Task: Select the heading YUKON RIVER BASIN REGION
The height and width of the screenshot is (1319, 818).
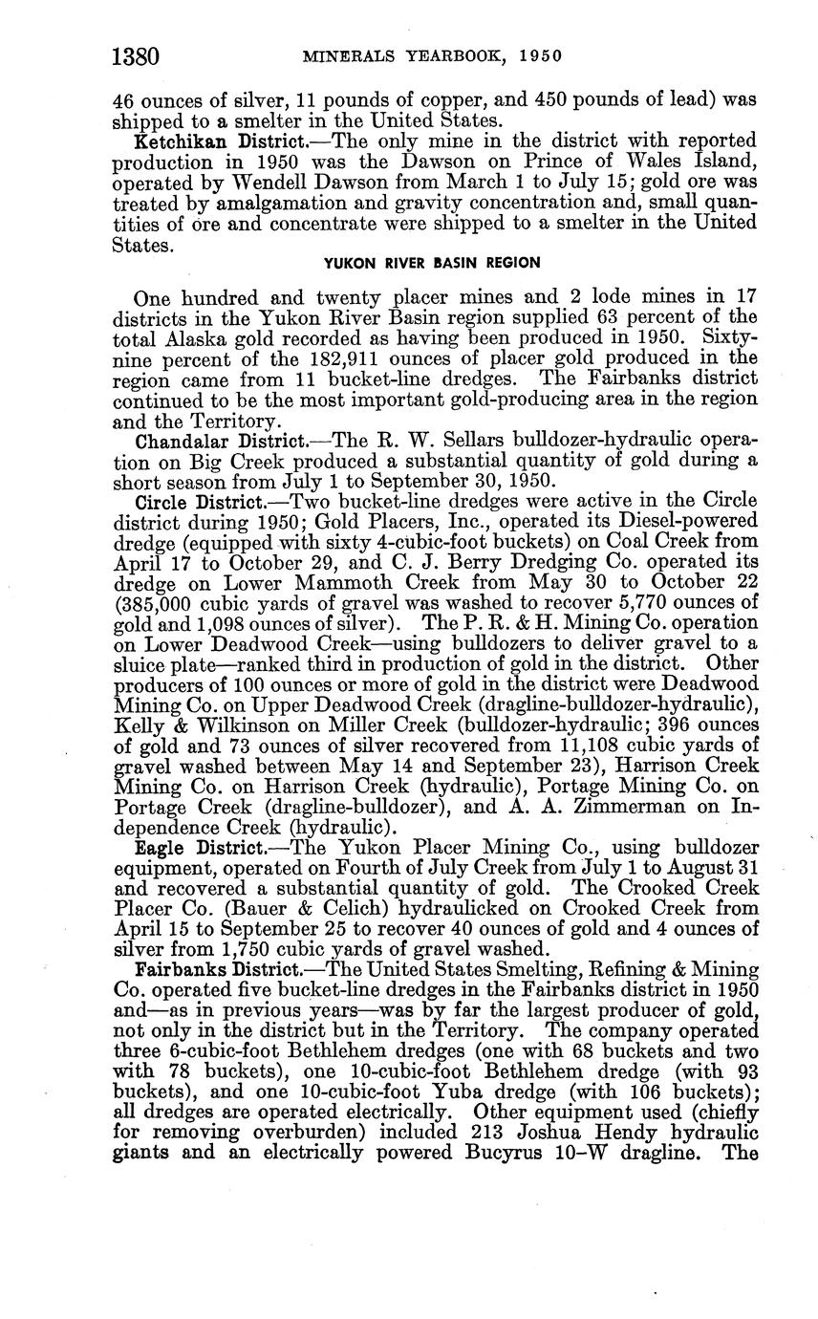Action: click(432, 263)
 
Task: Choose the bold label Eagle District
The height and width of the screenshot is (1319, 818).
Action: click(183, 847)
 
